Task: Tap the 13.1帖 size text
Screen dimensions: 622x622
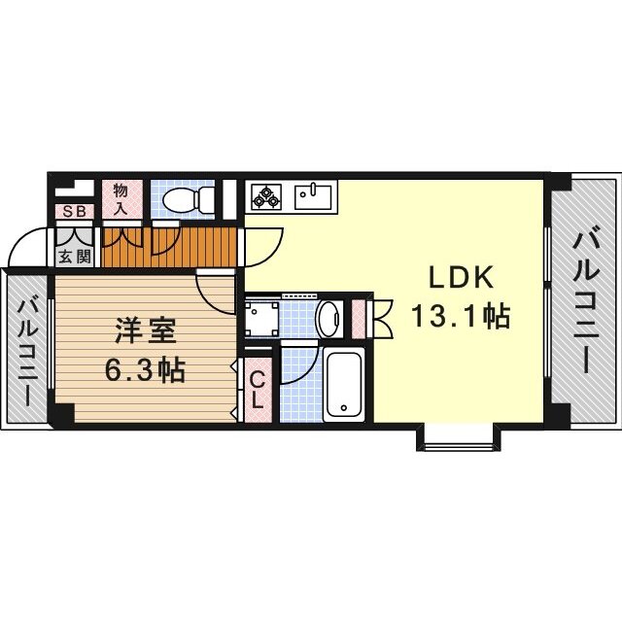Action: coord(462,316)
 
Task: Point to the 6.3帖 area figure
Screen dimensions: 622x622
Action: coord(145,370)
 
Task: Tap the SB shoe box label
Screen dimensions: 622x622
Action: coord(74,211)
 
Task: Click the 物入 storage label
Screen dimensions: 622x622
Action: coord(121,199)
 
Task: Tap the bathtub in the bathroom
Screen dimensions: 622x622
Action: coord(344,383)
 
